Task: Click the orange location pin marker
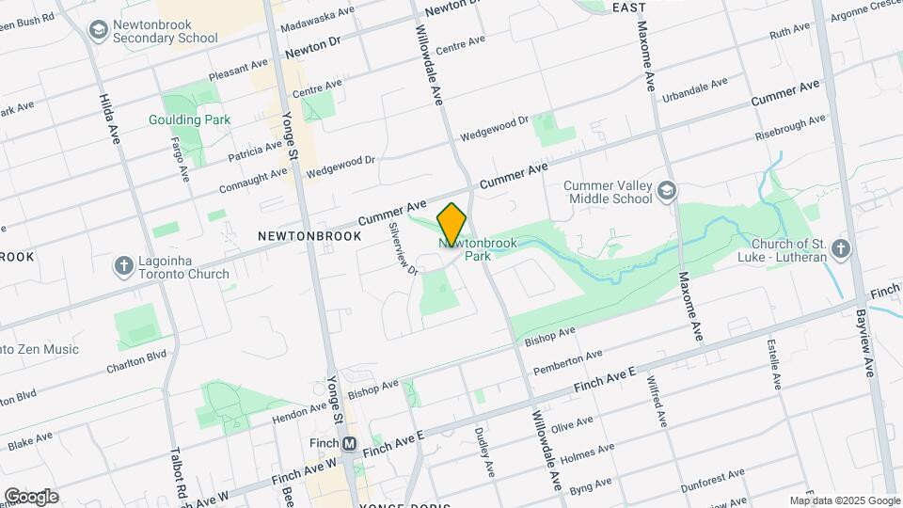coord(452,225)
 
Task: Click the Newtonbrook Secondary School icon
coord(98,31)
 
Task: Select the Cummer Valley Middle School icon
coord(667,192)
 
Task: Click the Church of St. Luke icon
coord(842,249)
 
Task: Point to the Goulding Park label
coord(189,119)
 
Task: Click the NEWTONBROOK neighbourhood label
coord(309,236)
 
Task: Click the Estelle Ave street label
coord(774,362)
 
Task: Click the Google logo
coord(31,496)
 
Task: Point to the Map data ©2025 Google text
coord(844,500)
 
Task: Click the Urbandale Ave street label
coord(694,90)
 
